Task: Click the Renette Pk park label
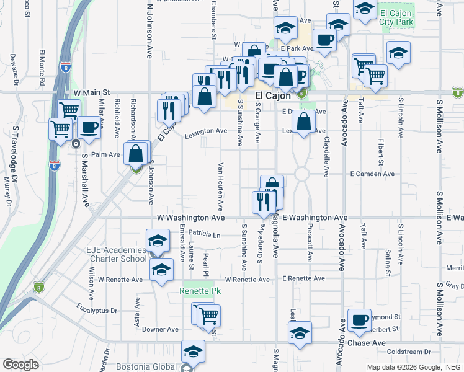tap(200, 291)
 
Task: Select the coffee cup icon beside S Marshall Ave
tap(89, 128)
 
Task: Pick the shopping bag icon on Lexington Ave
tap(303, 122)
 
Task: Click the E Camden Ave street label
tap(372, 174)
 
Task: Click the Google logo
tap(20, 365)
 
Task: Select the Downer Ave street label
tap(160, 329)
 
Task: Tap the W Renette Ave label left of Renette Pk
tap(120, 280)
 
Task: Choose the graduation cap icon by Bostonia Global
tap(193, 352)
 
